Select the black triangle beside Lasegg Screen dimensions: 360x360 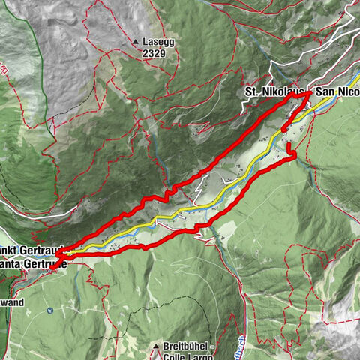(x=135, y=42)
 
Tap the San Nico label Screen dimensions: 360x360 (x=337, y=91)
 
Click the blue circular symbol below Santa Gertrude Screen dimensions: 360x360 (x=49, y=310)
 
